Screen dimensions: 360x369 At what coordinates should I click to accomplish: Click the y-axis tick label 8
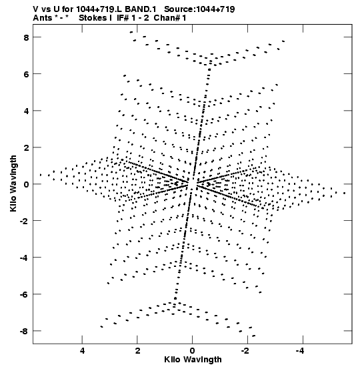click(x=26, y=37)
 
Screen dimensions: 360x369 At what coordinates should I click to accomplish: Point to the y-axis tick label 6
click(x=26, y=74)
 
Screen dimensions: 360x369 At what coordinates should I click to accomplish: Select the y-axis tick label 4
click(x=26, y=111)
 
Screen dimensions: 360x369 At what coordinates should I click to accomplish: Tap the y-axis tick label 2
click(x=26, y=147)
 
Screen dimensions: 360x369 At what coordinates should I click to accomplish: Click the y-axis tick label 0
click(x=26, y=184)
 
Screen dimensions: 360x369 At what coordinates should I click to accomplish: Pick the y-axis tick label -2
click(x=24, y=221)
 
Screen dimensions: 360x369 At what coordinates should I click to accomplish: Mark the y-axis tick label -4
click(x=24, y=258)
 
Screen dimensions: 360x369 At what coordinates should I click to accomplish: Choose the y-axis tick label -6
click(x=24, y=294)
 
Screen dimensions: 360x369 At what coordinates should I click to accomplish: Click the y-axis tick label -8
click(x=24, y=331)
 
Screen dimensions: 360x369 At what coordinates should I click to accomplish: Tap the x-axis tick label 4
click(x=82, y=351)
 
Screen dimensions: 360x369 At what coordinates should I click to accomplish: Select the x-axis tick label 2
click(x=137, y=351)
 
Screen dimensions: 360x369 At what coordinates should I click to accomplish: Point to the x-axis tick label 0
click(x=193, y=351)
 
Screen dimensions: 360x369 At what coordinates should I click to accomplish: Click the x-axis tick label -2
click(x=246, y=351)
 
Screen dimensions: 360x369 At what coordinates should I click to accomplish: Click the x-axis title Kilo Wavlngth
click(x=193, y=360)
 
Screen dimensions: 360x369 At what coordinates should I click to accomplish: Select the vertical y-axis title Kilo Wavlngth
click(x=13, y=183)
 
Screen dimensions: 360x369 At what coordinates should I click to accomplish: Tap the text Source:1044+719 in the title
click(x=199, y=9)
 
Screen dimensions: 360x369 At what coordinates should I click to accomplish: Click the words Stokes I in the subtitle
click(x=95, y=18)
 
